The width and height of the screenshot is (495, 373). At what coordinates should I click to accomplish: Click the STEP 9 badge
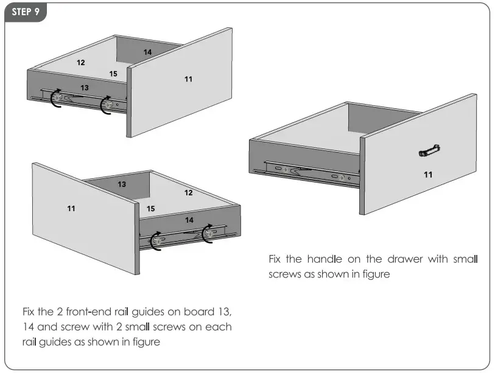click(x=26, y=12)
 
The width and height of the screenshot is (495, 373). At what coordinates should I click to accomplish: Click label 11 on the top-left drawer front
click(x=188, y=79)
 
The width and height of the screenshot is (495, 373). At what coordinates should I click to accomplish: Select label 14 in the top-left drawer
click(x=147, y=52)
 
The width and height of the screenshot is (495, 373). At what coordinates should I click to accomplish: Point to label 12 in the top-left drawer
click(x=80, y=62)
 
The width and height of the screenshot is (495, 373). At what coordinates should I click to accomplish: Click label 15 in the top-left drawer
click(x=113, y=74)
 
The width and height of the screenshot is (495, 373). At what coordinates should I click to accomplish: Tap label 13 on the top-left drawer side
click(x=85, y=88)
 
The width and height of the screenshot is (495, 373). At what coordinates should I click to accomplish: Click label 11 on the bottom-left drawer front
click(x=71, y=209)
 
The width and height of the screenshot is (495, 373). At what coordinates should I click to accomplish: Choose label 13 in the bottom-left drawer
click(x=122, y=184)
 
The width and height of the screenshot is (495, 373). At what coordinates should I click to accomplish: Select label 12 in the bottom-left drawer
click(x=189, y=192)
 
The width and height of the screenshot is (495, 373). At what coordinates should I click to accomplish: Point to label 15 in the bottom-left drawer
click(x=150, y=209)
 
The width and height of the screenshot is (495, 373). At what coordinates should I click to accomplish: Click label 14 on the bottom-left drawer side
click(x=189, y=219)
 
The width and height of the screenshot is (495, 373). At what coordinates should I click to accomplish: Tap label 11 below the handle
click(x=428, y=175)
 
